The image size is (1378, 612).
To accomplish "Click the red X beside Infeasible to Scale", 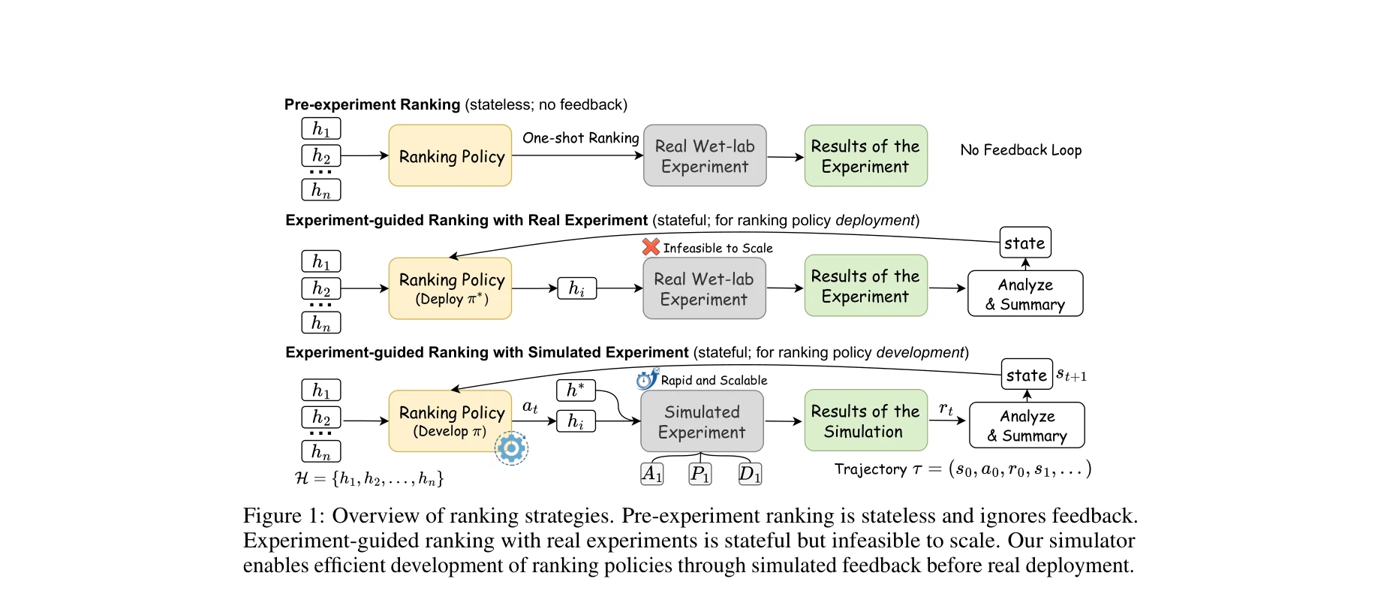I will [651, 246].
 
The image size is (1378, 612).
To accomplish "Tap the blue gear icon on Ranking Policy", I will [511, 448].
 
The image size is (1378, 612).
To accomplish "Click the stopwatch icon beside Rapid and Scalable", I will [646, 379].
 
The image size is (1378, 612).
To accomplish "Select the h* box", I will [576, 390].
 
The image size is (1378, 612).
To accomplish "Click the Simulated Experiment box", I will [702, 421].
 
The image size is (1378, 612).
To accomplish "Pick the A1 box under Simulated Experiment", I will [651, 474].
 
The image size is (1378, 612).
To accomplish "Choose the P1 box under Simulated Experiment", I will [700, 474].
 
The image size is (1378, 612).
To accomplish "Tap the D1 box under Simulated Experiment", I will [749, 474].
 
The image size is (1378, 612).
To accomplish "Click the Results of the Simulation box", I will [865, 421].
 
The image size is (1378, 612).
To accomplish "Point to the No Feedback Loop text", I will [1021, 150].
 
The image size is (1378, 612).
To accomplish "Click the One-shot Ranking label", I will [580, 138].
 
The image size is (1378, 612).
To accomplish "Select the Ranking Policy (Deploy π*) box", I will [450, 288].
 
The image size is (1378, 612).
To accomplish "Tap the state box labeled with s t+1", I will [1026, 375].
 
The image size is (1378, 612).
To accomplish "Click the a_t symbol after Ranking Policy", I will [530, 407].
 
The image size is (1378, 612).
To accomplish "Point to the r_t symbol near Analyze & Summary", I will [946, 409].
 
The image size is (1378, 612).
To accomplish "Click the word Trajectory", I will [871, 469].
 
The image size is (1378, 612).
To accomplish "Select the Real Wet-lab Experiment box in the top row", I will [705, 155].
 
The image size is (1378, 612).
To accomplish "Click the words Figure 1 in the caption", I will [282, 516].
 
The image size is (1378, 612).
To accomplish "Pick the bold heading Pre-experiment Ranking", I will [372, 104].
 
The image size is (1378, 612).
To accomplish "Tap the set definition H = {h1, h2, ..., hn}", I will [369, 478].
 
